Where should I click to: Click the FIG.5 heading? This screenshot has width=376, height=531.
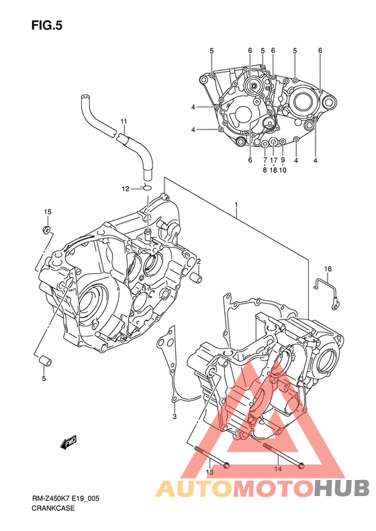coord(47,26)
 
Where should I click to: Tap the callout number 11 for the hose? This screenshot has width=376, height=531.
coord(124,122)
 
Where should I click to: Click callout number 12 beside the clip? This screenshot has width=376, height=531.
coord(126,189)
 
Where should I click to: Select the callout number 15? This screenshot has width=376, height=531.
coord(48,212)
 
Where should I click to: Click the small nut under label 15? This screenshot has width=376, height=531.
coord(46,230)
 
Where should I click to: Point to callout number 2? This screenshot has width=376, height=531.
coord(199,261)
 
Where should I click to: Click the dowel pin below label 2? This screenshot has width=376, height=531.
coord(197,278)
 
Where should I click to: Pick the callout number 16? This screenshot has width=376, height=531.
coord(328,269)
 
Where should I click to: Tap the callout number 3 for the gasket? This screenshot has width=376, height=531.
coord(175,416)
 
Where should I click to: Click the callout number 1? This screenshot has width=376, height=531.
coord(236,205)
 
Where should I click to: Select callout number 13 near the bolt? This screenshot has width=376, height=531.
coord(209,472)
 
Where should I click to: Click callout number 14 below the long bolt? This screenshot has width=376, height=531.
coord(278,469)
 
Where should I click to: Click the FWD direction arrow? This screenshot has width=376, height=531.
coord(68,442)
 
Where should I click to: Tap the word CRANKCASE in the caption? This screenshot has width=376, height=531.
coord(53,508)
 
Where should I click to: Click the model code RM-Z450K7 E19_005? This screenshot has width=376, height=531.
coord(66,499)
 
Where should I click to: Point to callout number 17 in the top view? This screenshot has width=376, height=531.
coord(273,160)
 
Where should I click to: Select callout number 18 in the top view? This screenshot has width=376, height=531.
coord(273,170)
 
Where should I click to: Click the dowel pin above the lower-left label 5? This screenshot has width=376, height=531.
coord(46,361)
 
